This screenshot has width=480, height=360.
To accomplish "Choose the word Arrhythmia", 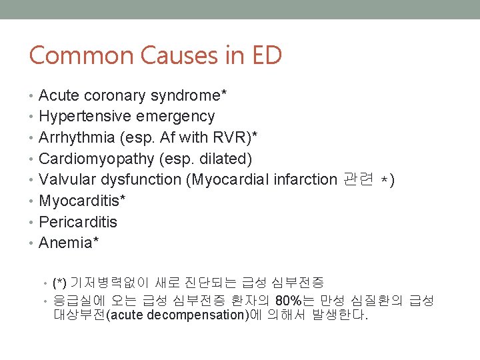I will point(75,137).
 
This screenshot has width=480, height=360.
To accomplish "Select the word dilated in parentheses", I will point(227,159).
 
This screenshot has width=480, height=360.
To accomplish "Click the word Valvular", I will point(65,179).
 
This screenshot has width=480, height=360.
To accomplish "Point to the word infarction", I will point(305,179).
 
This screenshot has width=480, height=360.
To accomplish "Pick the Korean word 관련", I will point(358,179).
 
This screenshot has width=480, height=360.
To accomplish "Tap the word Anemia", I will point(66,243).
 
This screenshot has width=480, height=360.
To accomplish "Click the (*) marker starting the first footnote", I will point(59,283).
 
